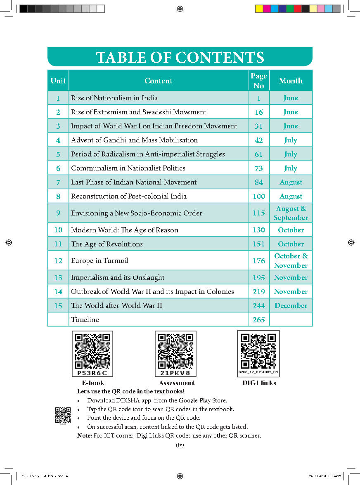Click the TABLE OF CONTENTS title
pyautogui.click(x=180, y=57)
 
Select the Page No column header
pyautogui.click(x=258, y=80)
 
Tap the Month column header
pyautogui.click(x=291, y=80)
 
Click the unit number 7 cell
pyautogui.click(x=58, y=182)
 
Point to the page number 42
pyautogui.click(x=258, y=140)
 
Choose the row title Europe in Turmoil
pyautogui.click(x=99, y=260)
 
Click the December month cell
pyautogui.click(x=291, y=305)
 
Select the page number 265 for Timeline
pyautogui.click(x=258, y=319)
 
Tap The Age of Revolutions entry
pyautogui.click(x=107, y=244)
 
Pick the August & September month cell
pyautogui.click(x=291, y=213)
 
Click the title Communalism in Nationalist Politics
pyautogui.click(x=128, y=168)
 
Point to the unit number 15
pyautogui.click(x=58, y=305)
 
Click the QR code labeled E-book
pyautogui.click(x=92, y=350)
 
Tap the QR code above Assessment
pyautogui.click(x=175, y=350)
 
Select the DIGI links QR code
pyautogui.click(x=258, y=350)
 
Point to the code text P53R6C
pyautogui.click(x=92, y=373)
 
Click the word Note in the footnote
pyautogui.click(x=85, y=435)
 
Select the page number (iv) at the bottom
pyautogui.click(x=180, y=445)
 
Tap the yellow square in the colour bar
pyautogui.click(x=259, y=9)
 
